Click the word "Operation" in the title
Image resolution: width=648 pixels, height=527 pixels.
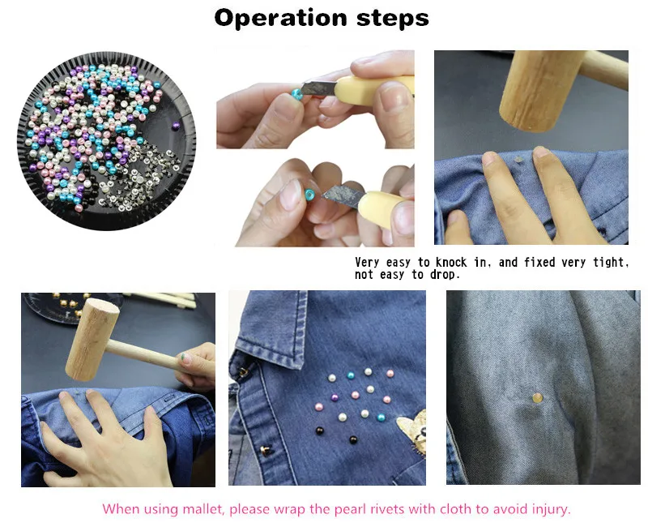(x=280, y=18)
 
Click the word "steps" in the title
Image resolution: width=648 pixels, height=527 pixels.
(x=393, y=19)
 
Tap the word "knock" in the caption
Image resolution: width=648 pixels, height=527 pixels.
(x=451, y=262)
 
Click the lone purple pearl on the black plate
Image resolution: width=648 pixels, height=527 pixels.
(x=176, y=124)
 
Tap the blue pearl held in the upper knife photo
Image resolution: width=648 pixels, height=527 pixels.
(x=296, y=93)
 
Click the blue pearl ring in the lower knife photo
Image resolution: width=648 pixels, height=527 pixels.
(x=309, y=195)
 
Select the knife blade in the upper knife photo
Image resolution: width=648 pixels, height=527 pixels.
(x=318, y=87)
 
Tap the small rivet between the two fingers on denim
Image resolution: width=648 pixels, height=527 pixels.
(x=517, y=159)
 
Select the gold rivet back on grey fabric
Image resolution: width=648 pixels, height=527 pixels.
(x=537, y=398)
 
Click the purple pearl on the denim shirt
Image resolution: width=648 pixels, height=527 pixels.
(x=335, y=398)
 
